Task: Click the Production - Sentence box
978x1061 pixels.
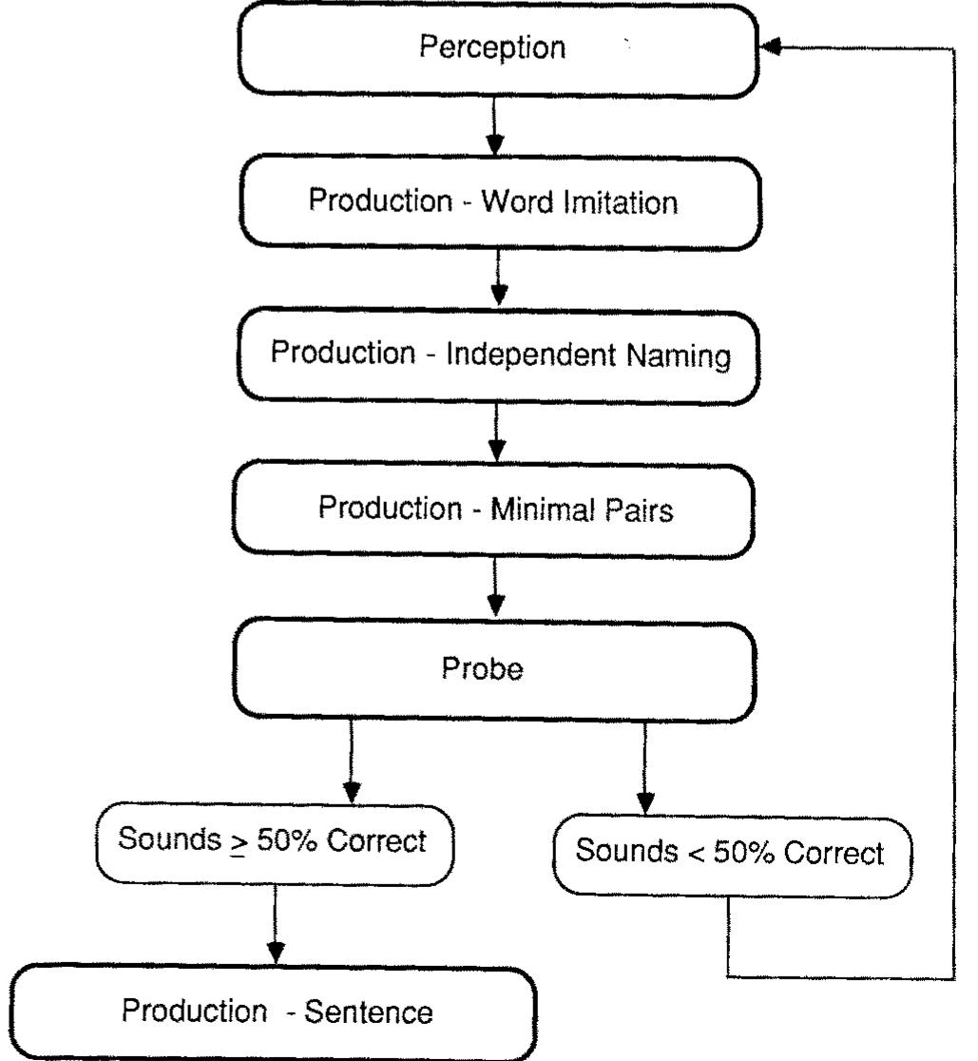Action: click(276, 1013)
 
